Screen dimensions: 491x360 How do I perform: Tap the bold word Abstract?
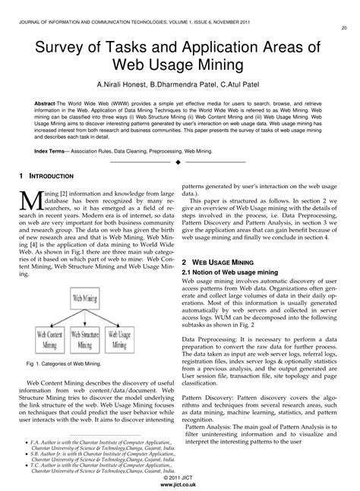pos(48,102)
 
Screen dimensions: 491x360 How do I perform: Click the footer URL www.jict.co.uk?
pos(180,483)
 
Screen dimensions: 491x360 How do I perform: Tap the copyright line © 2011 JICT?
pos(180,476)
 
